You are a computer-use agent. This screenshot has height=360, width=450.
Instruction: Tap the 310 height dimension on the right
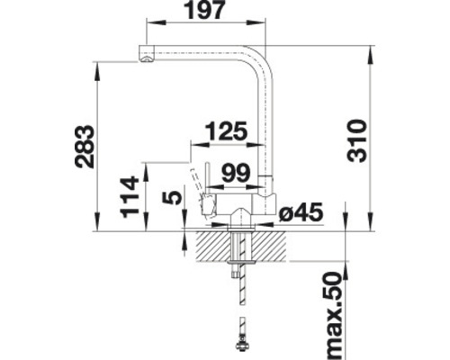pyautogui.click(x=358, y=139)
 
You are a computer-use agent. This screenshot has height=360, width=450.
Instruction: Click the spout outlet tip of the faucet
pyautogui.click(x=143, y=60)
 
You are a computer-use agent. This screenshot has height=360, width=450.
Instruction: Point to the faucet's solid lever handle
pyautogui.click(x=205, y=184)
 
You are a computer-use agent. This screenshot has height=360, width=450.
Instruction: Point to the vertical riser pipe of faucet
pyautogui.click(x=265, y=126)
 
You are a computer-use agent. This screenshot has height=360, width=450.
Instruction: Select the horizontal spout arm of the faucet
pyautogui.click(x=198, y=51)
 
